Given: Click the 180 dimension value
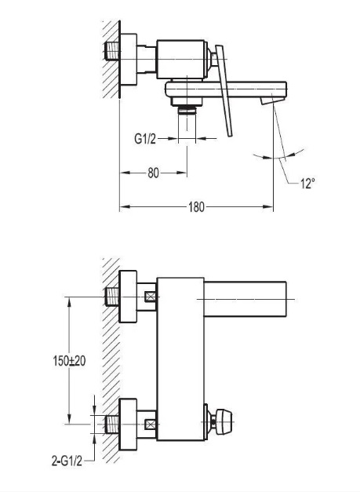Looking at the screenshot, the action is click(196, 207).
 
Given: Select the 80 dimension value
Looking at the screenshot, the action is click(154, 173).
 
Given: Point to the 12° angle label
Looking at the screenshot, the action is click(307, 184).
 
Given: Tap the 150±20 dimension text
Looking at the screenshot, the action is click(69, 361).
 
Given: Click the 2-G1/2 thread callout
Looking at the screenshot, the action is click(67, 461).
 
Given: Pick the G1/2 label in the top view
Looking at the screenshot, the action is click(145, 138).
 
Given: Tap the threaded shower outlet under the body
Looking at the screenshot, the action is click(187, 110).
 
